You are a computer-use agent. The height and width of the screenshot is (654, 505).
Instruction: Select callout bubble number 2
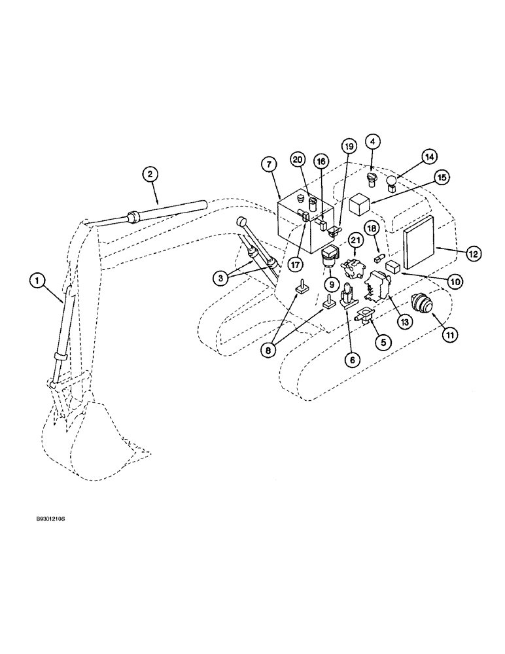pos(150,174)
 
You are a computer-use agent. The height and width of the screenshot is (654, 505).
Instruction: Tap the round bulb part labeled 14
pos(391,182)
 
